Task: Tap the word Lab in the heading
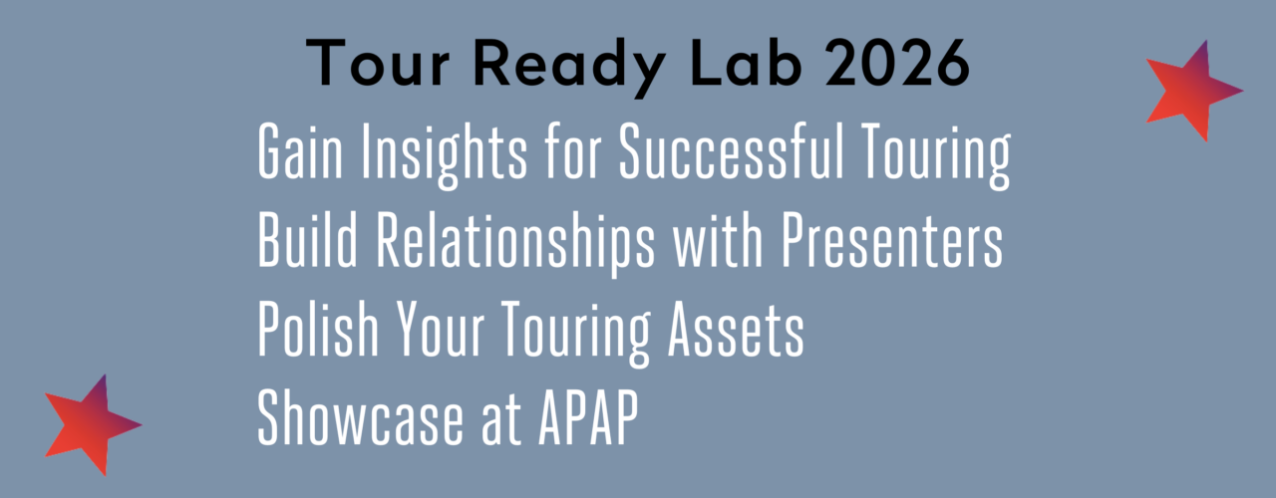coord(747,63)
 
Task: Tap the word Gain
coord(300,151)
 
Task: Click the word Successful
coord(731,151)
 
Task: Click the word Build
coord(308,240)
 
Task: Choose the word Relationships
coord(515,245)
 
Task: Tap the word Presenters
coord(891,240)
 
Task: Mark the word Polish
coord(318,329)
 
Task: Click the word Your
coord(440,329)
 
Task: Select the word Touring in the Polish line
coord(576,334)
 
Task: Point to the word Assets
coord(736,330)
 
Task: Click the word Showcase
coord(360,417)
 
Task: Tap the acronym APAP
coord(588,417)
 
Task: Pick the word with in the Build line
coord(718,240)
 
